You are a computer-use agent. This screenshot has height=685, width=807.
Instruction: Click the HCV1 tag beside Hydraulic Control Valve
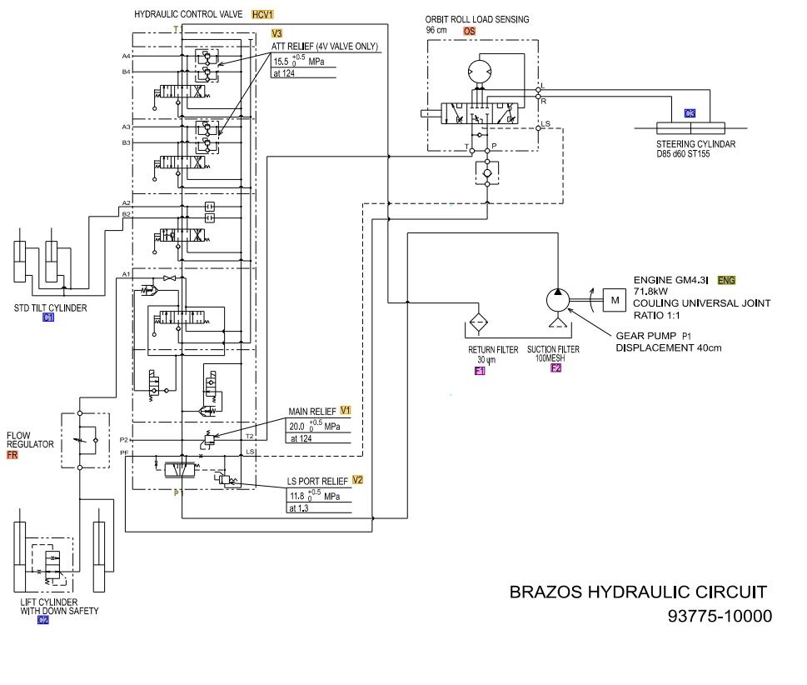pyautogui.click(x=262, y=15)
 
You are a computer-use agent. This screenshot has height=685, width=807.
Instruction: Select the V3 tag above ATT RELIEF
pyautogui.click(x=277, y=33)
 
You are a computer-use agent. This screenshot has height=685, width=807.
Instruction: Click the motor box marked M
pyautogui.click(x=615, y=299)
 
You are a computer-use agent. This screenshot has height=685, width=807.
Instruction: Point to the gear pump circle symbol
pyautogui.click(x=555, y=299)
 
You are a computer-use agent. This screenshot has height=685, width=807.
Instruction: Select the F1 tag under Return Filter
pyautogui.click(x=480, y=371)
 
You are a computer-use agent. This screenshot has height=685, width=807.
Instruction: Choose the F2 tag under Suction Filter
pyautogui.click(x=556, y=367)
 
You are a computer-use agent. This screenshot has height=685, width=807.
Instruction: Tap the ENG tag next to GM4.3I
pyautogui.click(x=726, y=281)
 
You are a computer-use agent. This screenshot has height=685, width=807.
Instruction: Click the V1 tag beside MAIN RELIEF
pyautogui.click(x=346, y=411)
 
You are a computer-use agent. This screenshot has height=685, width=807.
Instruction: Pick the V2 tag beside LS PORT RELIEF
pyautogui.click(x=357, y=480)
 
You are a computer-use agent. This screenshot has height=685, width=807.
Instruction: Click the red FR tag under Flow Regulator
pyautogui.click(x=12, y=455)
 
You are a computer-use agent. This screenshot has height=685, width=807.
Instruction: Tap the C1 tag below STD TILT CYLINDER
pyautogui.click(x=47, y=317)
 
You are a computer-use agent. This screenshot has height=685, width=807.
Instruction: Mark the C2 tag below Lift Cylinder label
pyautogui.click(x=43, y=620)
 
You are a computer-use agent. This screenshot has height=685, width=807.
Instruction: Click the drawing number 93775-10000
pyautogui.click(x=720, y=617)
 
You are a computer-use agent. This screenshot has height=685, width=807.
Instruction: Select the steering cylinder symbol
pyautogui.click(x=690, y=128)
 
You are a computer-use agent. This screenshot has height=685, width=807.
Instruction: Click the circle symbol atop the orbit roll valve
pyautogui.click(x=481, y=73)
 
